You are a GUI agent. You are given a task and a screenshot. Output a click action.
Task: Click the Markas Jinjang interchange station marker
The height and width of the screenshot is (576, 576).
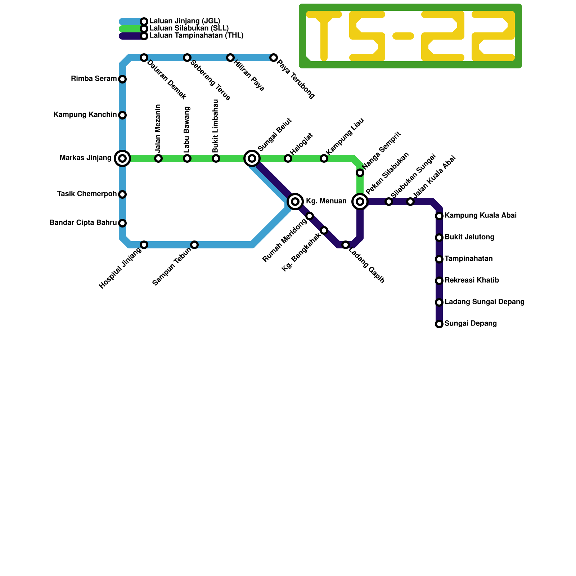click(x=122, y=158)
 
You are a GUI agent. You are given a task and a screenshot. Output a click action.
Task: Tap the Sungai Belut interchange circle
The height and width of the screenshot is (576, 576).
click(x=252, y=158)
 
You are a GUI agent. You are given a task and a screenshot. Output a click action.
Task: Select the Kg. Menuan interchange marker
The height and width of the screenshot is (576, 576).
click(x=295, y=202)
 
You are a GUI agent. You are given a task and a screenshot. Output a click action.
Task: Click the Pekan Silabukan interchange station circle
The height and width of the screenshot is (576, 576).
click(x=360, y=202)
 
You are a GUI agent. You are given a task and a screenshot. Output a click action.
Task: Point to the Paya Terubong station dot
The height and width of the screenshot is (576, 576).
click(x=274, y=58)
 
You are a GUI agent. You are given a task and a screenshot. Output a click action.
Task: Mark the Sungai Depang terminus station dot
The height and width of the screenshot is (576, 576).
click(x=439, y=324)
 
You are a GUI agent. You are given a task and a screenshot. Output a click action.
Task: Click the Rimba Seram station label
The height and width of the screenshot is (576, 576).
click(x=94, y=79)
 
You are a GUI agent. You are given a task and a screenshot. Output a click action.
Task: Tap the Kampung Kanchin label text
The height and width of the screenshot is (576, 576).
click(x=85, y=115)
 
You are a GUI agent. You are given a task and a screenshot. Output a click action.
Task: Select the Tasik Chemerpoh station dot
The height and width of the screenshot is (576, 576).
click(x=122, y=194)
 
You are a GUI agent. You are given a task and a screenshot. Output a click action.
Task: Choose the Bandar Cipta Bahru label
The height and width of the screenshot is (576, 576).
click(x=83, y=223)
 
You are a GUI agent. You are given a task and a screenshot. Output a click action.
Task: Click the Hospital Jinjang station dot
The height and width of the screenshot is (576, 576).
click(x=144, y=245)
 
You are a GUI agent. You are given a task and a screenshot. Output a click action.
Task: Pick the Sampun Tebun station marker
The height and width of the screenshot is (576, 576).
click(x=194, y=245)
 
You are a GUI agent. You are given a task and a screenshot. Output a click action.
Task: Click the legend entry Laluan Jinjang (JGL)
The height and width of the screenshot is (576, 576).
click(x=185, y=21)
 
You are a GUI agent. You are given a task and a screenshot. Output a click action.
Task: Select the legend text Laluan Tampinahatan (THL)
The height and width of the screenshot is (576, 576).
click(x=196, y=36)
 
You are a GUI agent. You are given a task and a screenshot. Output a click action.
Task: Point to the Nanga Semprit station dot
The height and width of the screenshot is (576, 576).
click(x=360, y=173)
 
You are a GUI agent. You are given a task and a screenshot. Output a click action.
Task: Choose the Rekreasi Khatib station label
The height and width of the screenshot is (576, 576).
click(x=472, y=280)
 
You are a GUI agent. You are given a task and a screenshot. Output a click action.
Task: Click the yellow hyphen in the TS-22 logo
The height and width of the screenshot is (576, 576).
click(x=403, y=36)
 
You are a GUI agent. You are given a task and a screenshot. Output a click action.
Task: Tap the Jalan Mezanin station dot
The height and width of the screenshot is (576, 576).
click(x=158, y=158)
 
